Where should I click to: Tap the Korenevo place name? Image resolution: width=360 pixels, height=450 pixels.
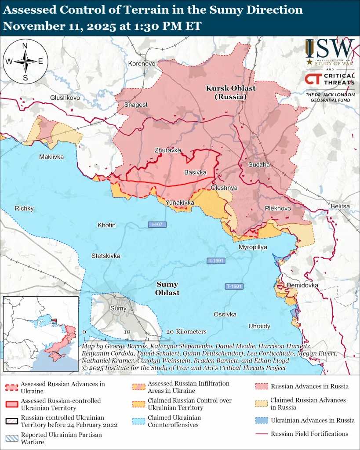click(x=142, y=64)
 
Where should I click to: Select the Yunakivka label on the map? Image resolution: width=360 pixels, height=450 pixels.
click(x=180, y=202)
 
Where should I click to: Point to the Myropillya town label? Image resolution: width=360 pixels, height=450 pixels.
click(x=253, y=247)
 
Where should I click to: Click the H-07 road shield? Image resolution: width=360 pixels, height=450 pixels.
click(x=157, y=225)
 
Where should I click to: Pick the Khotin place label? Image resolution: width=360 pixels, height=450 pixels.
click(x=106, y=225)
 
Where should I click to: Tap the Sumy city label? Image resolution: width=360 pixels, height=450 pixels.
click(x=118, y=308)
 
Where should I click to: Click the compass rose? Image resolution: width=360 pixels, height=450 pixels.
click(x=25, y=61)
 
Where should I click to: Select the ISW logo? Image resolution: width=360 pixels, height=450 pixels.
click(x=330, y=52)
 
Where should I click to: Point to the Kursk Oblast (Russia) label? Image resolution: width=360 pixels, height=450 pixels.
click(x=231, y=92)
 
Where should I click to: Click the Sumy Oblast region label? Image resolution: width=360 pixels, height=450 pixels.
click(x=167, y=289)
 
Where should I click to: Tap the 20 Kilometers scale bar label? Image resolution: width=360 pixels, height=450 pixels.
click(x=186, y=331)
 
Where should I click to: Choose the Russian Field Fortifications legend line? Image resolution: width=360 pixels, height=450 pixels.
click(x=262, y=434)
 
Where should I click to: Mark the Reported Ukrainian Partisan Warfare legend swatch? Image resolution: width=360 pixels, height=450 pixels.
click(x=12, y=438)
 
